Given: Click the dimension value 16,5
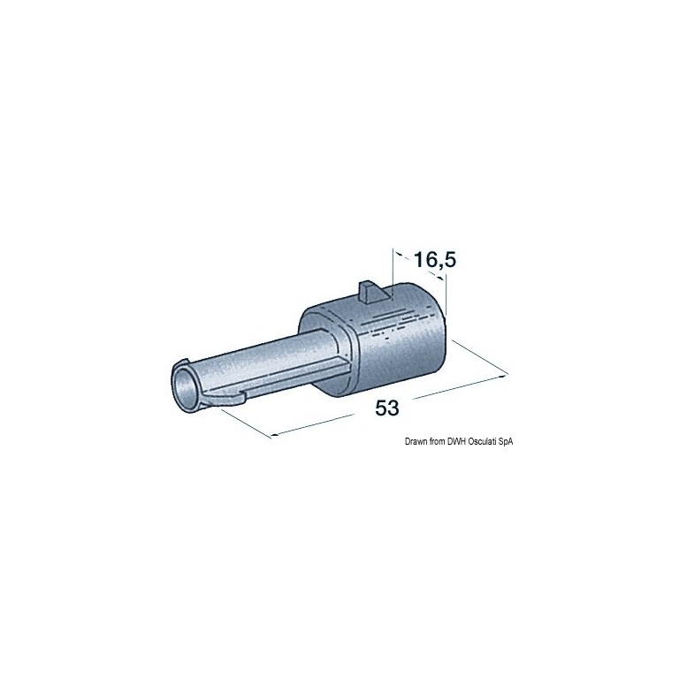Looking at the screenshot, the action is pos(435,261).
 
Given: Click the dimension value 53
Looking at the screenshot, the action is pos(386,408).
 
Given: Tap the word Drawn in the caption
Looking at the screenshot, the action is pos(415,442).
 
